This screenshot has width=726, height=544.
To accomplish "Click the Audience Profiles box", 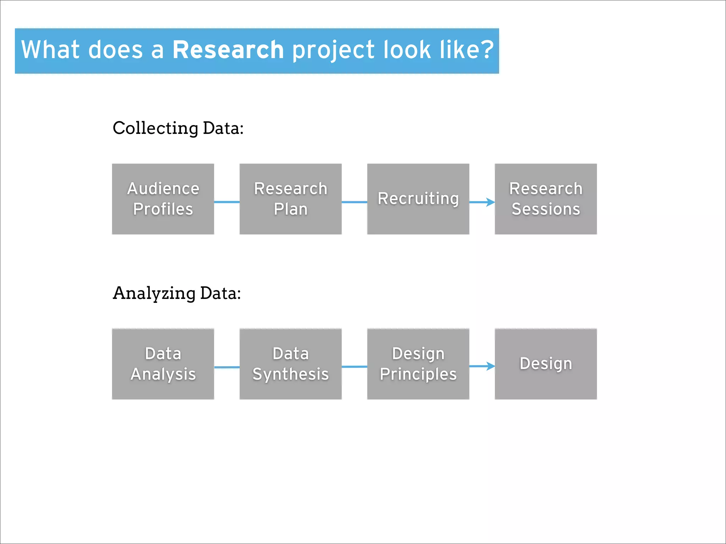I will (x=163, y=199).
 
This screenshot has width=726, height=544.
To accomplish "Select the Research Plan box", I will (x=291, y=199).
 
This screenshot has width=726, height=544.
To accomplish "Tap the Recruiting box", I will (x=418, y=199).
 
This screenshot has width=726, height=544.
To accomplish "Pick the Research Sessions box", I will (x=546, y=199).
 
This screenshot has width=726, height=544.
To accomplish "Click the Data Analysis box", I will (x=163, y=364).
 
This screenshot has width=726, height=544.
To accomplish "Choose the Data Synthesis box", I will (x=291, y=364).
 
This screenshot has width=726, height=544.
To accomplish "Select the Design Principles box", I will (x=418, y=364).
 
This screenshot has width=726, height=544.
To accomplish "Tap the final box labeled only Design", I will (x=546, y=364).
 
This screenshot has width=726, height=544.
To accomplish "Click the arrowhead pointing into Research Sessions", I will (x=491, y=202).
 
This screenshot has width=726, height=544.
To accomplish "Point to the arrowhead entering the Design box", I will (x=491, y=366).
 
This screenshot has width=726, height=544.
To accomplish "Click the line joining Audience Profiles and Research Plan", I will (x=227, y=202).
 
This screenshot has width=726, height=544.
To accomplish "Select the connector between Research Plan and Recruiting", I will (x=354, y=202).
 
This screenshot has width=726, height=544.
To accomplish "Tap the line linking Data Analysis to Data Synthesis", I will (x=227, y=367).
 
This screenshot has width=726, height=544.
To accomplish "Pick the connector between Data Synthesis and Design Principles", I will (x=354, y=367).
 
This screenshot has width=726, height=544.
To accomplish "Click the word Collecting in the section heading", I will (x=155, y=128).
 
